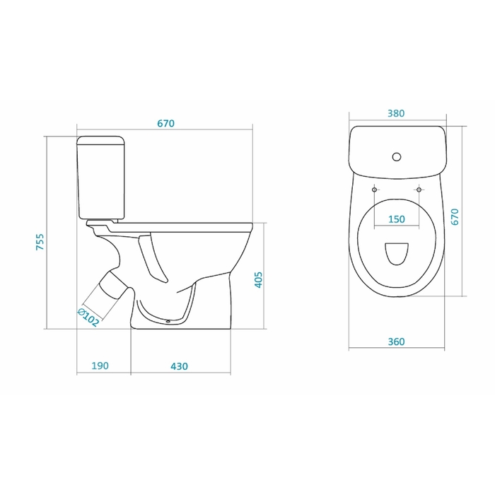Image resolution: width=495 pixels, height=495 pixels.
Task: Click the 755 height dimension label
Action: click(40, 242)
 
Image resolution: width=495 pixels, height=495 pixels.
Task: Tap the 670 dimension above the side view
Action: click(165, 124)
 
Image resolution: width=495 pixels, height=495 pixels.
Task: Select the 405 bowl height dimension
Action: click(258, 280)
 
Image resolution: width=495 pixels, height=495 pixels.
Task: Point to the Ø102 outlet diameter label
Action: click(88, 318)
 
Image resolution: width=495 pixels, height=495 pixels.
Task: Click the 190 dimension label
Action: click(100, 366)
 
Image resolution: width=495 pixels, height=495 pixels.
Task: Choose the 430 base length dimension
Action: click(179, 366)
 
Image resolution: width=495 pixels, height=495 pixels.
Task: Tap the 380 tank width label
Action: click(396, 113)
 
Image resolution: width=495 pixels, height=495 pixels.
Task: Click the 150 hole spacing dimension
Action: click(397, 219)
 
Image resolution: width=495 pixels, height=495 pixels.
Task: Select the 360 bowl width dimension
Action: click(396, 342)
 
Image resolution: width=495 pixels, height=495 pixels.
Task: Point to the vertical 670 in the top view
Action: click(455, 216)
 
